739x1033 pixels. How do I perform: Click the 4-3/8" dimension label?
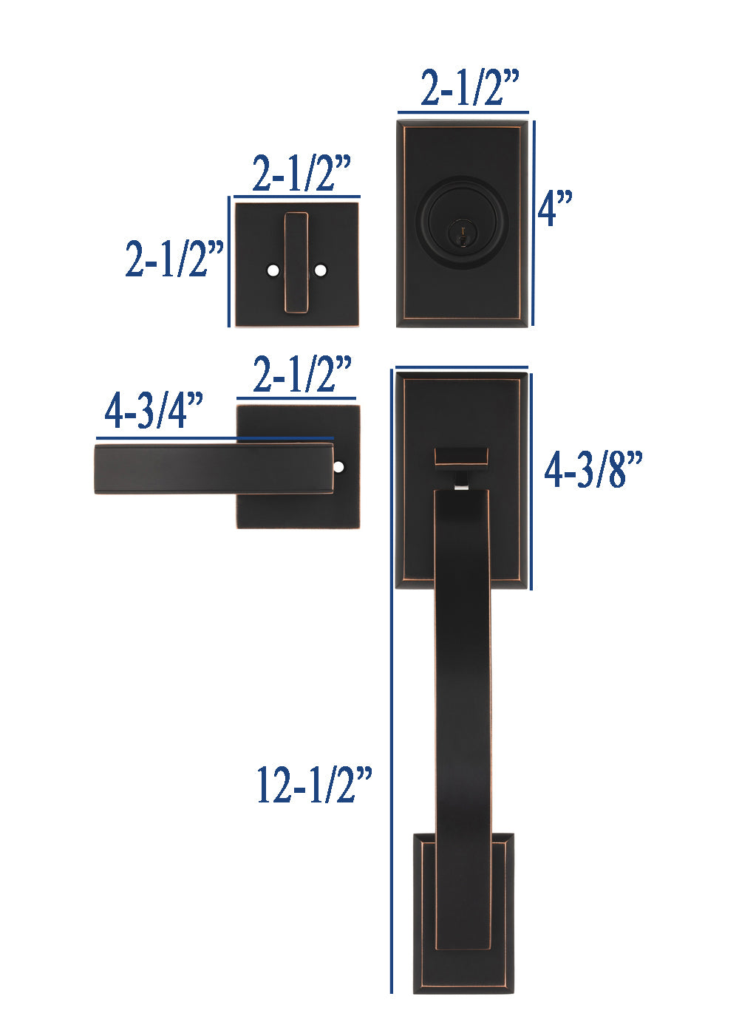(x=593, y=469)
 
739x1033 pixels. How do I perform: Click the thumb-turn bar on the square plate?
(x=296, y=262)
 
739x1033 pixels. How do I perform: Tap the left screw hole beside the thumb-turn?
(x=273, y=270)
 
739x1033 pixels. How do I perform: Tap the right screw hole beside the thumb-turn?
(x=320, y=270)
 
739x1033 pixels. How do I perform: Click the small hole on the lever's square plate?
(x=339, y=467)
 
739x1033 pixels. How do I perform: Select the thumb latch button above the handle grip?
(x=461, y=456)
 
